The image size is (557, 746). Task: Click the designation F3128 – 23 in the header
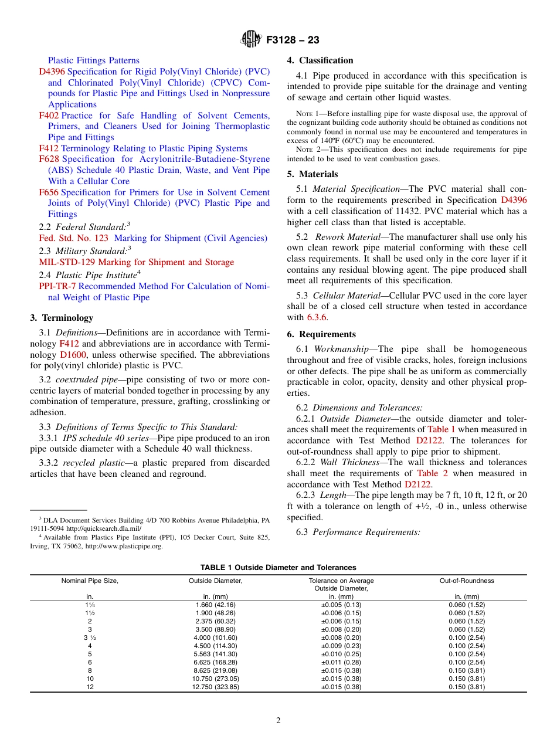coord(293,40)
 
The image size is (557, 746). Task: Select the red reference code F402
coord(49,116)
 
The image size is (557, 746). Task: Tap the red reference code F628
coord(49,159)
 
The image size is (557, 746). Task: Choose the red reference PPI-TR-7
coord(57,286)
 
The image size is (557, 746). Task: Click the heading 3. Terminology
coord(62,318)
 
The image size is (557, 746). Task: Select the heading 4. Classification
coord(320,60)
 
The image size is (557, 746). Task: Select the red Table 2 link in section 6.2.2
coord(430,473)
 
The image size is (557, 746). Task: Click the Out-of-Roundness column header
coord(467,581)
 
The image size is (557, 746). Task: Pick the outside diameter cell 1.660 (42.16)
coord(215,605)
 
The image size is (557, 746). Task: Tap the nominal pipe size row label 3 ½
coord(90,638)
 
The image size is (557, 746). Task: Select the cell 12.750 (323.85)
coord(215,687)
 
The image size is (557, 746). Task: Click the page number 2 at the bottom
coord(278,721)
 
